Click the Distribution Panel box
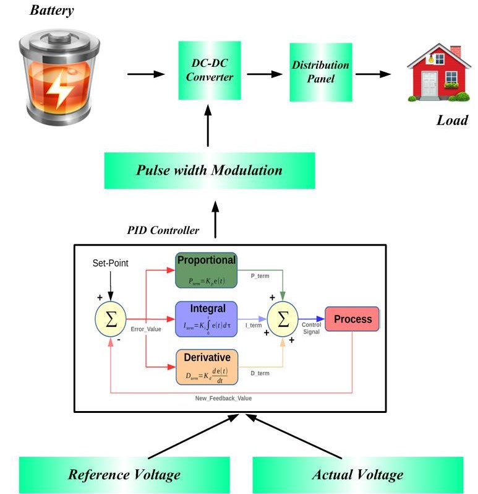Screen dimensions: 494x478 [320, 72]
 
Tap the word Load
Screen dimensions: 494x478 [452, 119]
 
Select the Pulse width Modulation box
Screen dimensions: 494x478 [209, 170]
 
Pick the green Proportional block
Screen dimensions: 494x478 [206, 271]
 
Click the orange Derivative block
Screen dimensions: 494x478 [206, 367]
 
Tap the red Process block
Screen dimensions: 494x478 [352, 319]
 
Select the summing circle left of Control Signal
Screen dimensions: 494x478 [283, 319]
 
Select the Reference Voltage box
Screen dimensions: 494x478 [124, 475]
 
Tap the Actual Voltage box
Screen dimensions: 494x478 [357, 475]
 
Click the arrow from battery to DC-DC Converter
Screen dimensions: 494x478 [146, 74]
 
